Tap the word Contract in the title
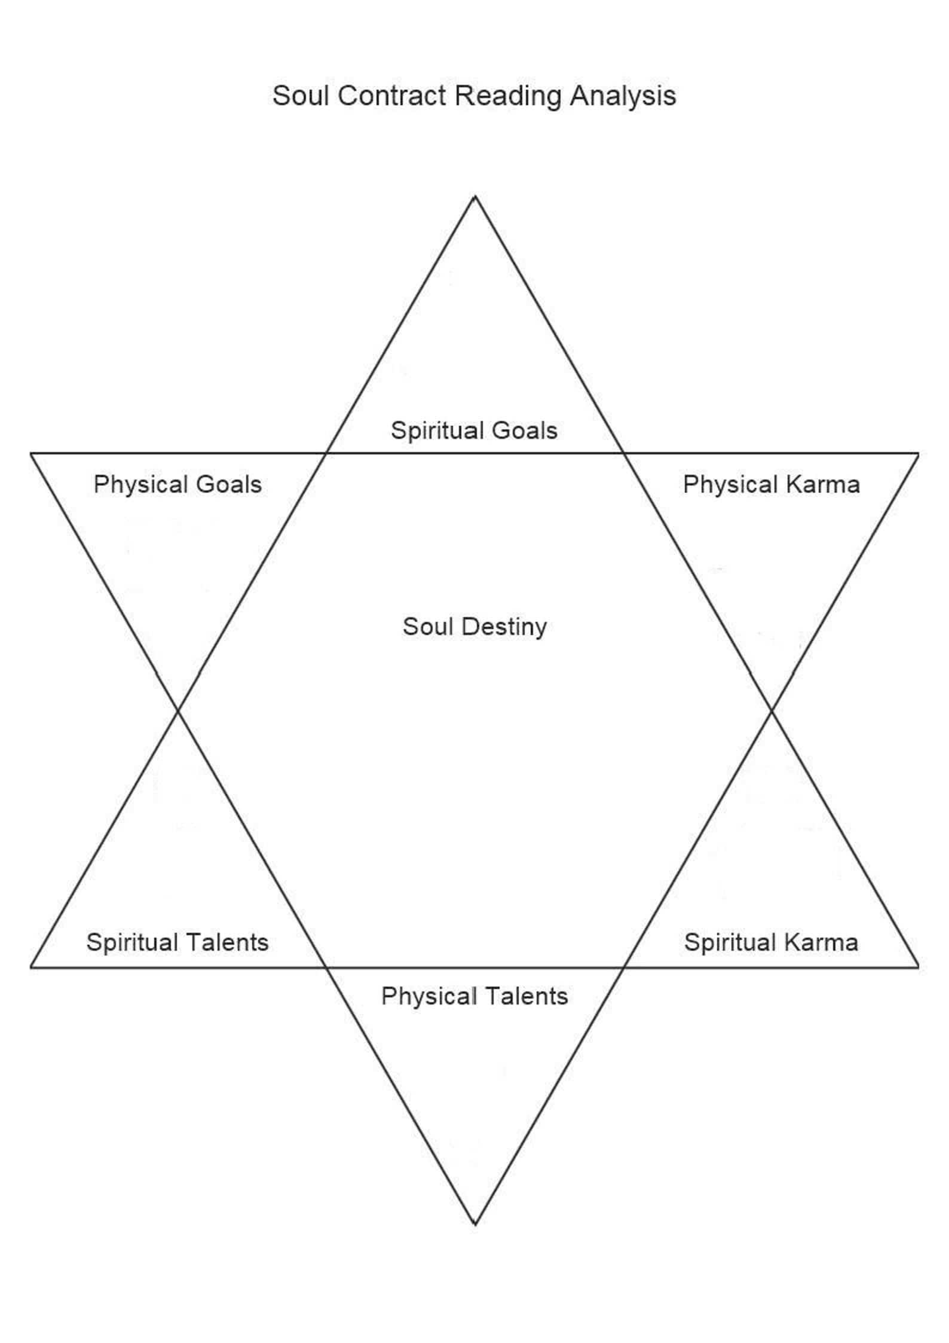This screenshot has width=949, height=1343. (x=391, y=96)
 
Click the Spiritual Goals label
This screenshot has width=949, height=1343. (x=474, y=431)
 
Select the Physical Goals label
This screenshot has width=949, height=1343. (x=177, y=484)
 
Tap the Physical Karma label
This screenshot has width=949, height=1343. (x=772, y=484)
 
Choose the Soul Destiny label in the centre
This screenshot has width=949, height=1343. (x=474, y=627)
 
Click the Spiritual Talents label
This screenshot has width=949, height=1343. (x=177, y=942)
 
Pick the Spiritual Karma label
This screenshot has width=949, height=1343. (x=771, y=942)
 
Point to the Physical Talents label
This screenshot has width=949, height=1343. (x=474, y=996)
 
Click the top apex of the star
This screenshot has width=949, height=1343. (x=475, y=196)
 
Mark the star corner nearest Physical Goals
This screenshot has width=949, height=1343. (x=31, y=453)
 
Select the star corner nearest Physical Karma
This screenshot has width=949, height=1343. (x=919, y=453)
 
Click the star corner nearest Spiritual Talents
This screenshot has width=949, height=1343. (x=31, y=967)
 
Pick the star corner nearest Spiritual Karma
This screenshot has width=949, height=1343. (x=919, y=967)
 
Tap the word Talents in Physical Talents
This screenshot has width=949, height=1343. (x=527, y=996)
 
